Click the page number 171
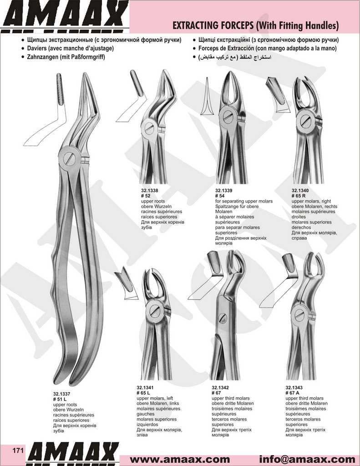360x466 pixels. click(18, 451)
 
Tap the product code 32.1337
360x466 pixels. click(61, 394)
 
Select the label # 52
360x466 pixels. click(146, 196)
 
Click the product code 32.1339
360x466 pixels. click(224, 191)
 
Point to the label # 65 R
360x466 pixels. click(299, 196)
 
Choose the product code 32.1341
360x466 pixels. click(145, 388)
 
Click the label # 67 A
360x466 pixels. click(293, 393)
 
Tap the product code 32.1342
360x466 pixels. click(220, 388)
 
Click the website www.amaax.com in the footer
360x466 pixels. click(180, 460)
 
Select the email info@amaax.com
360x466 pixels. click(307, 460)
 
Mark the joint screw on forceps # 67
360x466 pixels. click(223, 319)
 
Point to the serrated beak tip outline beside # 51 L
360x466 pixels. click(60, 89)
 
